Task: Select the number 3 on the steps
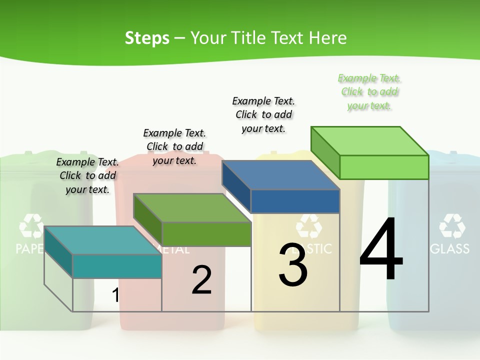pyautogui.click(x=293, y=265)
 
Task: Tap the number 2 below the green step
pyautogui.click(x=201, y=280)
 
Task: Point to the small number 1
pyautogui.click(x=115, y=295)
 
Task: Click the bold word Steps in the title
pyautogui.click(x=147, y=38)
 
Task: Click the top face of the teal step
pyautogui.click(x=103, y=240)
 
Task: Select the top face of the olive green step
pyautogui.click(x=192, y=208)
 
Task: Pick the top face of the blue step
pyautogui.click(x=280, y=175)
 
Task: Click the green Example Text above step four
pyautogui.click(x=369, y=92)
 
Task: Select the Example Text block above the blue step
pyautogui.click(x=263, y=114)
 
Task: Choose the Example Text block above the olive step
pyautogui.click(x=174, y=146)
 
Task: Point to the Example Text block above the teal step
pyautogui.click(x=87, y=175)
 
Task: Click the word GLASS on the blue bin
pyautogui.click(x=449, y=248)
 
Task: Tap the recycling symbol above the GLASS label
pyautogui.click(x=452, y=225)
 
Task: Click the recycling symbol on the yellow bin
pyautogui.click(x=309, y=226)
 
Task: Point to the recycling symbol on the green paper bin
pyautogui.click(x=31, y=225)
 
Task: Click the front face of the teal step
pyautogui.click(x=117, y=266)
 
